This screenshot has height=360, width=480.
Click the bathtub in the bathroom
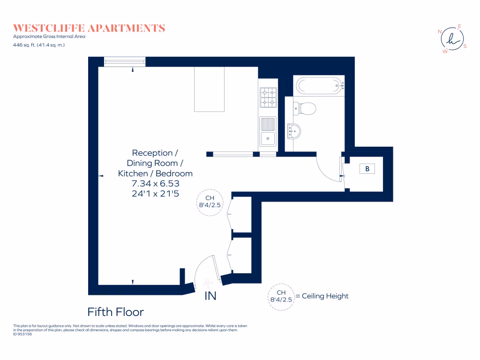(x=319, y=85)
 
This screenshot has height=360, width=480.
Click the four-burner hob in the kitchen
(x=268, y=97)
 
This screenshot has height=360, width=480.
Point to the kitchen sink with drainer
(x=268, y=131)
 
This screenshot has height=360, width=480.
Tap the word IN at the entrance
(x=210, y=296)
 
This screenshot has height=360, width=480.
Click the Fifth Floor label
(x=116, y=312)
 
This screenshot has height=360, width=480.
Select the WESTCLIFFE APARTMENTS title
(x=89, y=28)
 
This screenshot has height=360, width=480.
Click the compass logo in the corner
(x=451, y=39)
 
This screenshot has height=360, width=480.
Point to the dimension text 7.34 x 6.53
(x=155, y=184)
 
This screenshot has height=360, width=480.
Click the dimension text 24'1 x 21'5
(x=155, y=194)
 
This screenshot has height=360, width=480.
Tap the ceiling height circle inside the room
(x=210, y=202)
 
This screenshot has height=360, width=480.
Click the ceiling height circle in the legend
(x=280, y=296)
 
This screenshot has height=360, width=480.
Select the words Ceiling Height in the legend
(x=325, y=296)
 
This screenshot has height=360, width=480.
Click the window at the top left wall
(x=124, y=61)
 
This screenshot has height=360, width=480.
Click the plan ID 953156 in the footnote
(x=22, y=334)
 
